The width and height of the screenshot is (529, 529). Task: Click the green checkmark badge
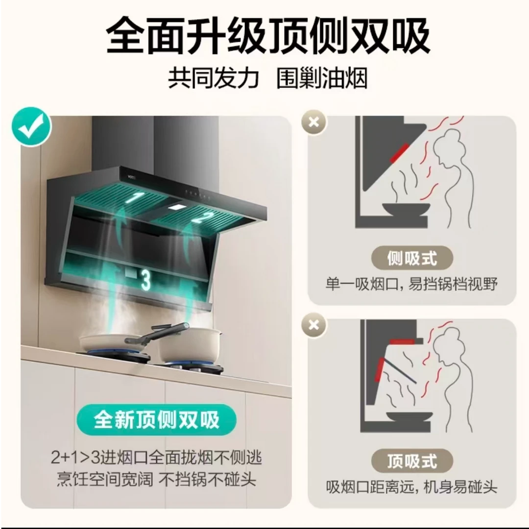pyautogui.click(x=32, y=127)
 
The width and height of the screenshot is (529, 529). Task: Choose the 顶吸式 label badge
pyautogui.click(x=411, y=461)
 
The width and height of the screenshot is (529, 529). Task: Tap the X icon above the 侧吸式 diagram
pyautogui.click(x=314, y=121)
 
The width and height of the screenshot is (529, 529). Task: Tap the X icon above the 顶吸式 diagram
pyautogui.click(x=314, y=324)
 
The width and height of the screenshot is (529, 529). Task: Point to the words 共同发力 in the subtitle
pyautogui.click(x=213, y=79)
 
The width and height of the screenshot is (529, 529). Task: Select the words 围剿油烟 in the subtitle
pyautogui.click(x=322, y=79)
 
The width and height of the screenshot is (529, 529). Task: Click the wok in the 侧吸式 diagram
pyautogui.click(x=406, y=209)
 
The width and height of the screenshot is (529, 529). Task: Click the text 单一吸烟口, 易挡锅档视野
pyautogui.click(x=411, y=284)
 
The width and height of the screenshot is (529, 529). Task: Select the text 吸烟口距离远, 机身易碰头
pyautogui.click(x=411, y=487)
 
